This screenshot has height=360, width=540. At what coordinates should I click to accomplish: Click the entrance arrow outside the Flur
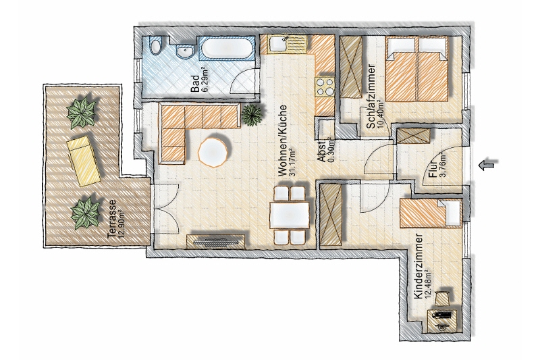(x=489, y=165)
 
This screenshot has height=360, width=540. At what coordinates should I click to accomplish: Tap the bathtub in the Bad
(x=226, y=50)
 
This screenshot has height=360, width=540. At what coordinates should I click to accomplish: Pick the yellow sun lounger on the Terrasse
(x=84, y=160)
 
